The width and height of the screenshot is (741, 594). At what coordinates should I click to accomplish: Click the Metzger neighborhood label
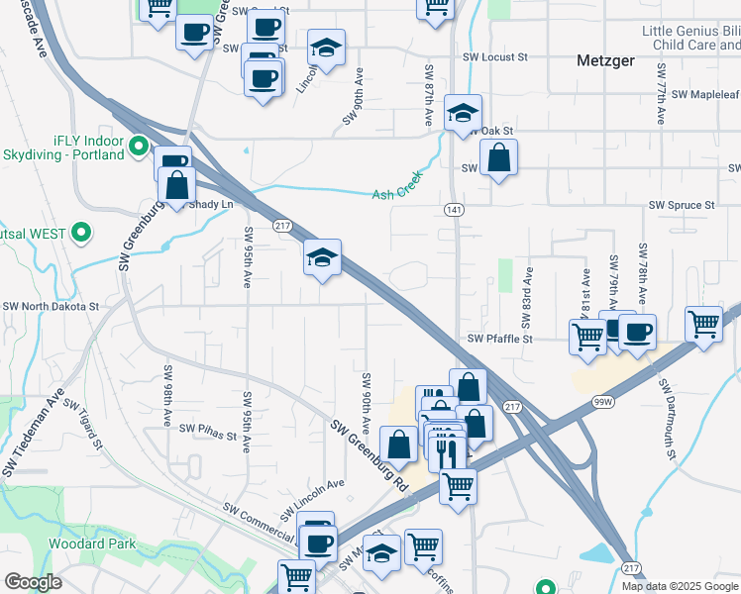point(606,61)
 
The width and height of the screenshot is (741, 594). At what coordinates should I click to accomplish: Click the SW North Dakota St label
point(51,307)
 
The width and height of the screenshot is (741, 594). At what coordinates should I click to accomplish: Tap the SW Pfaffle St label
point(500,339)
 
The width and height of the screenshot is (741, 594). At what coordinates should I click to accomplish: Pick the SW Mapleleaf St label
point(705,95)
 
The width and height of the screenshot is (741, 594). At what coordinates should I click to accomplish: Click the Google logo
point(33,582)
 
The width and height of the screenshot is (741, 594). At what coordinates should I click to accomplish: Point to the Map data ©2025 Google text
point(680,586)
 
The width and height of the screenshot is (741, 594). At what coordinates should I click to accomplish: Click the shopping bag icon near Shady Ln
point(176,184)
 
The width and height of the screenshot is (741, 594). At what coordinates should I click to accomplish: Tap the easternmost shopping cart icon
point(703,323)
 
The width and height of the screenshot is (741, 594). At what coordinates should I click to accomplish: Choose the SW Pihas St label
point(208,432)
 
